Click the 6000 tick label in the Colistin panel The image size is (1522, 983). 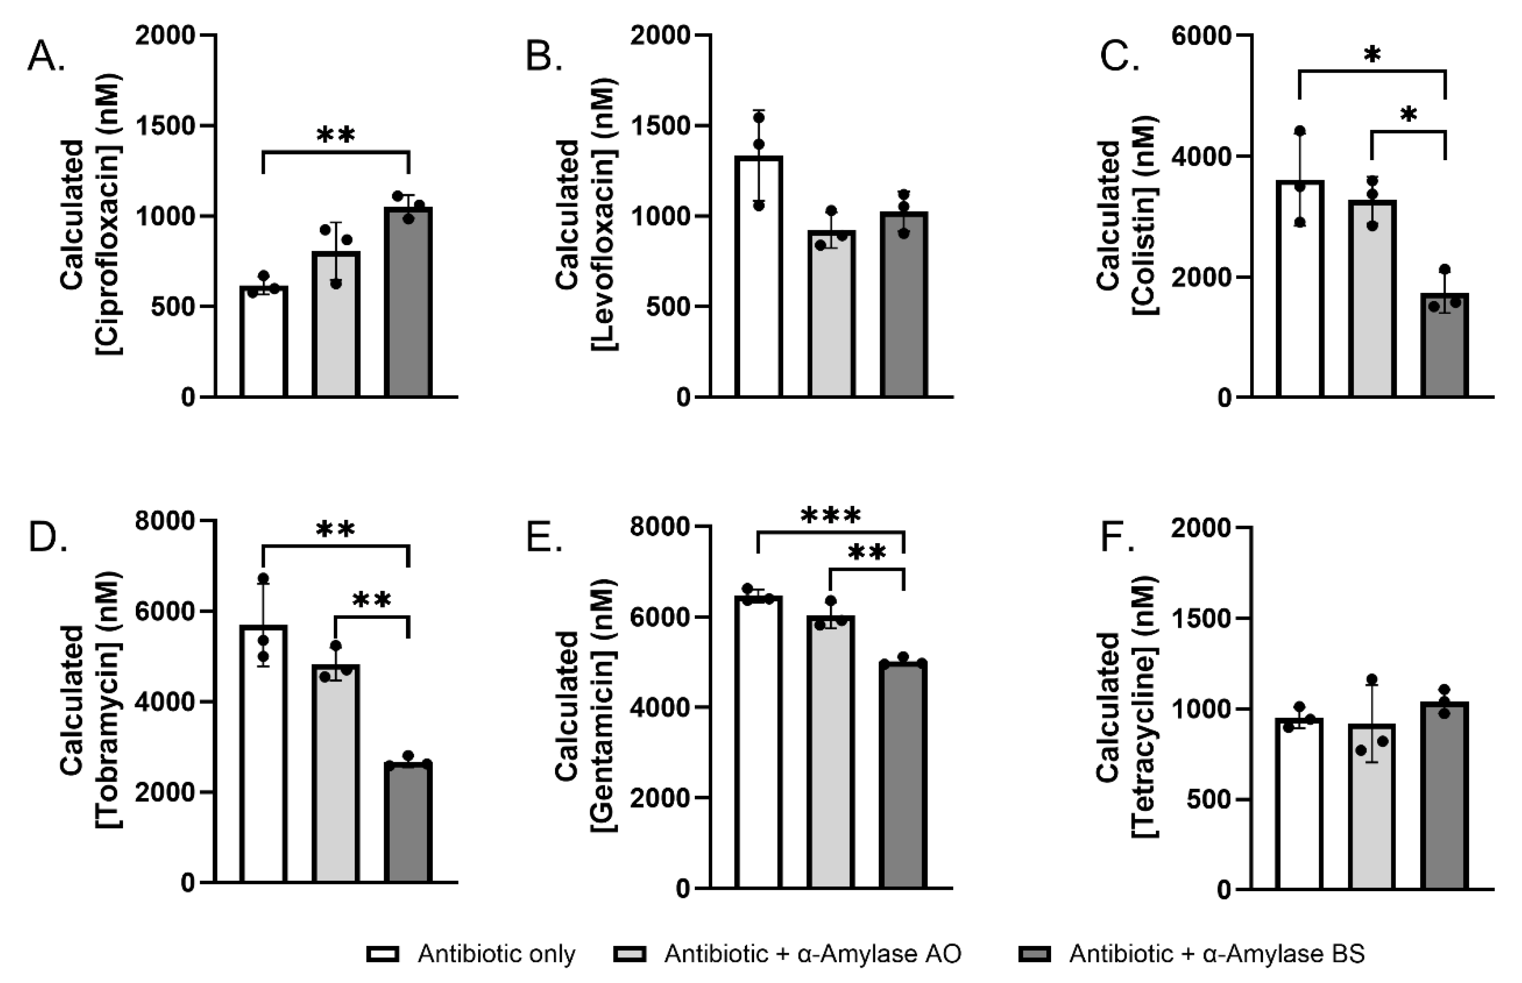coord(1201,36)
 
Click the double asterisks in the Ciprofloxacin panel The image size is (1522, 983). coord(336,135)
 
